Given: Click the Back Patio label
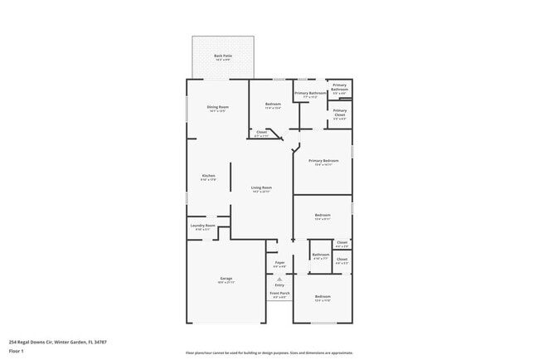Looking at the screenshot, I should [x=223, y=56].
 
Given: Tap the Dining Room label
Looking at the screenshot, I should [x=218, y=108].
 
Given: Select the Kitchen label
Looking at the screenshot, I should [x=209, y=176].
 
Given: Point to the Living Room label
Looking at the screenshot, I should [x=262, y=188].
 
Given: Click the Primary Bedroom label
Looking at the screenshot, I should [x=323, y=161].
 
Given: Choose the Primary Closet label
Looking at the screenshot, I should [x=340, y=111].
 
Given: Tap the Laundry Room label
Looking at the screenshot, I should [x=203, y=226].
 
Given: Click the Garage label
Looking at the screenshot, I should [x=226, y=279].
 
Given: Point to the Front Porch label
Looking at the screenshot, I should [x=279, y=294].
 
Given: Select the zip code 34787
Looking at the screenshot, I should [x=99, y=342].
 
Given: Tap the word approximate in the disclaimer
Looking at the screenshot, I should [x=342, y=353].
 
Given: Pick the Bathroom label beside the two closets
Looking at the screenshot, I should [x=320, y=255].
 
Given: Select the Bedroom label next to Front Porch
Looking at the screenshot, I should [x=323, y=297].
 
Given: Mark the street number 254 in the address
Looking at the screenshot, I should [x=12, y=342].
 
